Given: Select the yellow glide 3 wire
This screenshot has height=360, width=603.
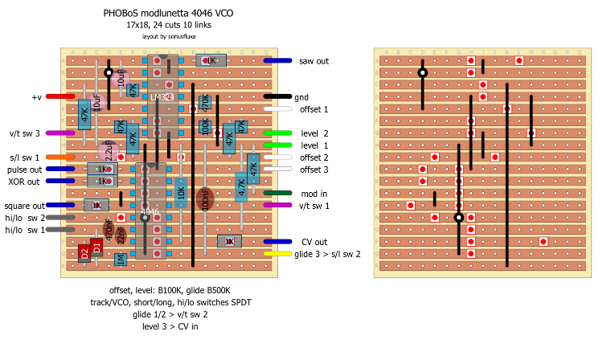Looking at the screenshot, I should [x=277, y=254].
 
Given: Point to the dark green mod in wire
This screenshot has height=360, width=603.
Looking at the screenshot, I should [x=277, y=193].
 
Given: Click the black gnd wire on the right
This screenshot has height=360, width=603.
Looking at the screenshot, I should [x=277, y=96].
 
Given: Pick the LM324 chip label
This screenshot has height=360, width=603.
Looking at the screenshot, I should [x=162, y=97].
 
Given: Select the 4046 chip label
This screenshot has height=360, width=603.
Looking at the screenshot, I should [x=150, y=212].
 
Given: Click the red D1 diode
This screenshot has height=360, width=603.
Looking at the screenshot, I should [x=96, y=247].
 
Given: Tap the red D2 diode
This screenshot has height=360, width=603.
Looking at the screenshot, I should [x=84, y=254].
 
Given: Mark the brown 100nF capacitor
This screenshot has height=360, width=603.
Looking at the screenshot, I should [x=205, y=199].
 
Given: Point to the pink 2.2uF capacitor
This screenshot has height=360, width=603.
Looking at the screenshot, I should [x=108, y=150].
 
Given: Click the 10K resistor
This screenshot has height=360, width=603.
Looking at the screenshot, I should [x=181, y=194].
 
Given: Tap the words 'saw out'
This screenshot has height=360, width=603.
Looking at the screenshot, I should [x=314, y=61].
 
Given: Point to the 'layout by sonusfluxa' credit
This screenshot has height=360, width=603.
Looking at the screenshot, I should [x=169, y=36].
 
